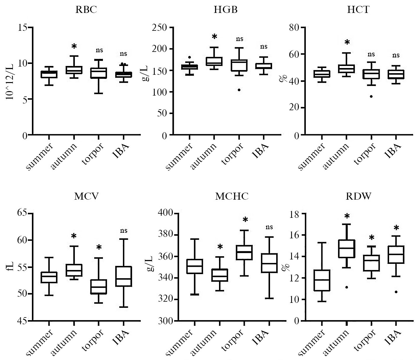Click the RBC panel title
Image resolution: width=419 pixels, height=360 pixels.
pos(86,10)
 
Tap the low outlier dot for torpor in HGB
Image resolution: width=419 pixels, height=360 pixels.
pos(239,90)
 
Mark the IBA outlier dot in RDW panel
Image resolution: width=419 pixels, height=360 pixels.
pos(396,292)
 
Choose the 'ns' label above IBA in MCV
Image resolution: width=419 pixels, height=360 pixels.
pos(123,230)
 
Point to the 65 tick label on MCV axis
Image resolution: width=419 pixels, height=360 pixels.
pos(21,213)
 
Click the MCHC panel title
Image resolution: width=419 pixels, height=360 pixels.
pos(232,196)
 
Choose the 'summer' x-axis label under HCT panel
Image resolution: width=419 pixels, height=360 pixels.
pos(312,157)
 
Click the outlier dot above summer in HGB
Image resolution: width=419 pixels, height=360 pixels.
pos(190,57)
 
